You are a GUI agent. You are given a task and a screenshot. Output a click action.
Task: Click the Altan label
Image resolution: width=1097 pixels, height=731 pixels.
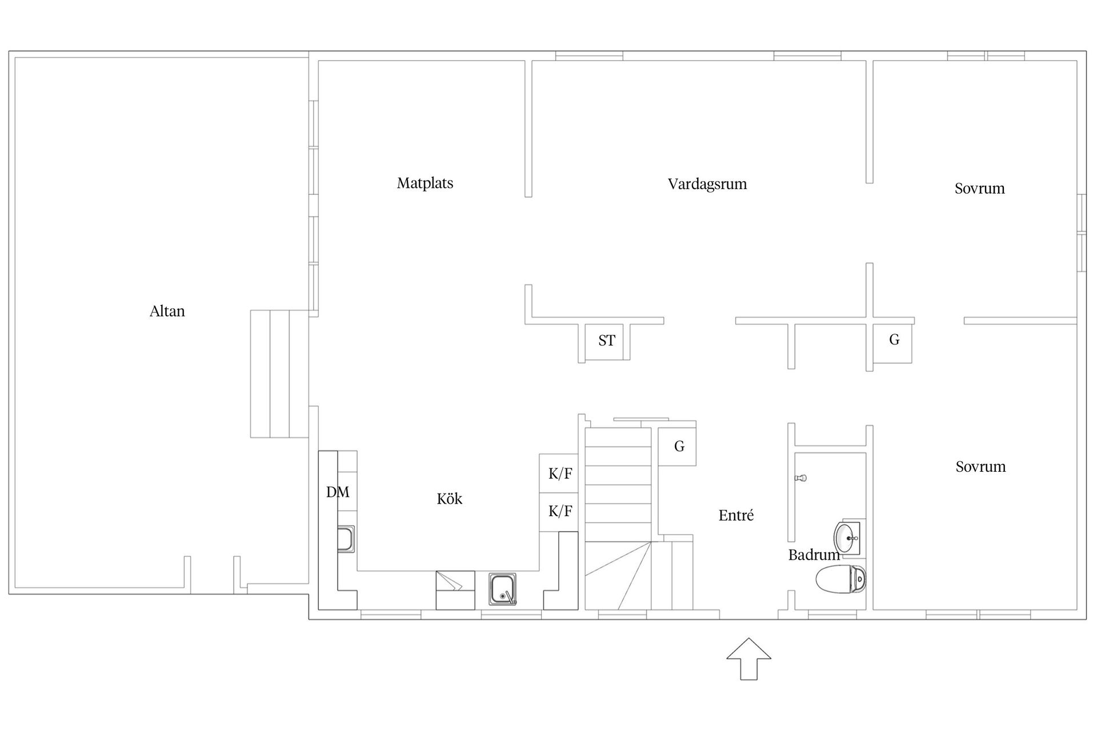click(167, 311)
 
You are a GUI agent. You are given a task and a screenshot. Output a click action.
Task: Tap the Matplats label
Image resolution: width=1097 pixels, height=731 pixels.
click(425, 183)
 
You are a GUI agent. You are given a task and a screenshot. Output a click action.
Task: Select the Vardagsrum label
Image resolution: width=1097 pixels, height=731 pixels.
click(707, 184)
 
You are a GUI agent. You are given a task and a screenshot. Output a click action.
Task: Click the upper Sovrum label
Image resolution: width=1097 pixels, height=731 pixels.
click(979, 188)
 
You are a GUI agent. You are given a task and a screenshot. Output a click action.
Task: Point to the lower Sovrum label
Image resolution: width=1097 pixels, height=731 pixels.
click(980, 467)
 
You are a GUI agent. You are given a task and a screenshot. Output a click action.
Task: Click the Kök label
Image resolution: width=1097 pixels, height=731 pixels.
click(450, 499)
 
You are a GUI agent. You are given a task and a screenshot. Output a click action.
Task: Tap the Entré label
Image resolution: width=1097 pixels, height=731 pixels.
click(736, 515)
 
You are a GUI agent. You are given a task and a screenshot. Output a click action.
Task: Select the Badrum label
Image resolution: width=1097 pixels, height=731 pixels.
click(814, 555)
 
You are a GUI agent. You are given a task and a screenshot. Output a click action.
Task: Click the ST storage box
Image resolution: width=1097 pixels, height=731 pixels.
click(607, 342)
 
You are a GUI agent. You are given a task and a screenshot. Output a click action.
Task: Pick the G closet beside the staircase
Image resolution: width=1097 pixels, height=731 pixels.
click(677, 447)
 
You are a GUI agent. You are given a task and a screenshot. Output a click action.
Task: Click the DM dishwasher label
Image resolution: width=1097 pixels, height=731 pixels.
click(338, 492)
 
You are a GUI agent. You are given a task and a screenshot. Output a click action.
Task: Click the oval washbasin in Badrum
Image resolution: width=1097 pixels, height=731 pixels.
click(846, 538)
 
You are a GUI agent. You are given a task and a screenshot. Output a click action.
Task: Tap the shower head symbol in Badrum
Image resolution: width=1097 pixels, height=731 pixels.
click(800, 478)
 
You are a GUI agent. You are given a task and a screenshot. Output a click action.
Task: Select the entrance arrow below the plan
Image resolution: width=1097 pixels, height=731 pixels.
click(748, 659)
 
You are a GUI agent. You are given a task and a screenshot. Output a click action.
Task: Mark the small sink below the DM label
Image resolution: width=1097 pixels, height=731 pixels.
click(346, 539)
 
